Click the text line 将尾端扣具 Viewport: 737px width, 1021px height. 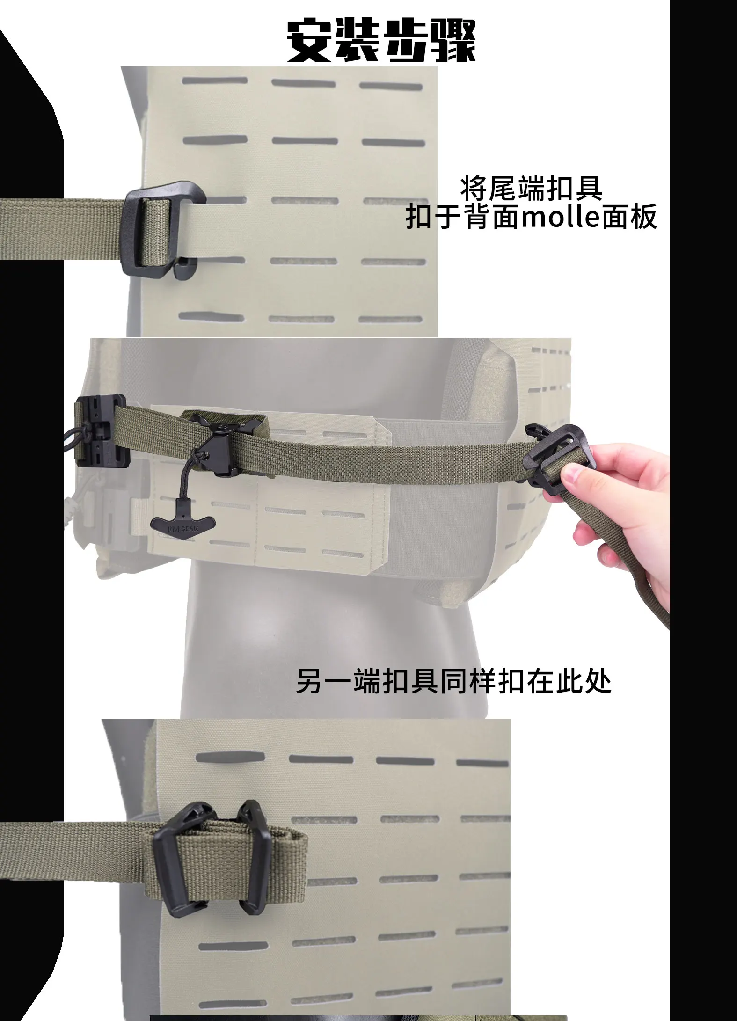tap(532, 188)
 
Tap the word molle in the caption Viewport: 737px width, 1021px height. tap(561, 217)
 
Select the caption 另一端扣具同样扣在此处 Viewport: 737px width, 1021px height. tap(454, 682)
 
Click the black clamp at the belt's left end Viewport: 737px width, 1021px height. tap(99, 428)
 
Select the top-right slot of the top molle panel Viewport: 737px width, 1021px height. tap(391, 86)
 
